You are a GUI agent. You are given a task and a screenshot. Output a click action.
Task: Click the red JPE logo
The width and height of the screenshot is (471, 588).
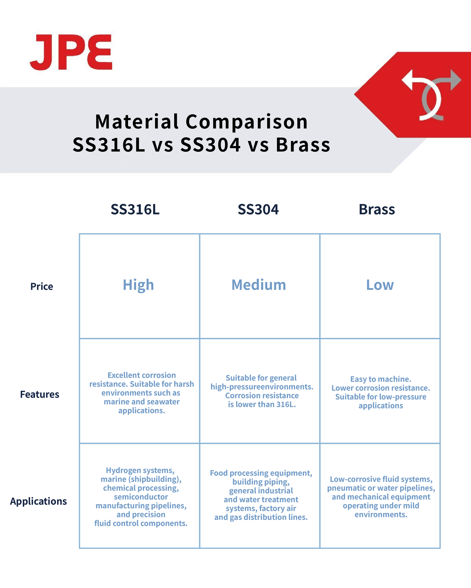coord(71,52)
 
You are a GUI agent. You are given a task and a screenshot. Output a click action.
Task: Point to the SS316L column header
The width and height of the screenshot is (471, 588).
coord(135,209)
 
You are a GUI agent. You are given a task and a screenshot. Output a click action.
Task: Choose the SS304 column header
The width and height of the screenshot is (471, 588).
coord(258,209)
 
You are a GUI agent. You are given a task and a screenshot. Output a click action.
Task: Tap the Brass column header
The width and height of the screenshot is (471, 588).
coord(377,209)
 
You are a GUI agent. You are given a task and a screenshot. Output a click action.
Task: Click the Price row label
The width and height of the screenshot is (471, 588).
coord(42,287)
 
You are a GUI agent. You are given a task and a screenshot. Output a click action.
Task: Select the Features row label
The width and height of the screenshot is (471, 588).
coord(39,395)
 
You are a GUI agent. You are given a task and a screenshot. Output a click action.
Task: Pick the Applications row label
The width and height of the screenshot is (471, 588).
coord(39,501)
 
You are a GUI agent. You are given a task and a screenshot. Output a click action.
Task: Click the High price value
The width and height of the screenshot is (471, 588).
coord(138,285)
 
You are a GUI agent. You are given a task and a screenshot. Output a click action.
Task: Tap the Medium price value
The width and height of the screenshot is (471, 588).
coord(259,285)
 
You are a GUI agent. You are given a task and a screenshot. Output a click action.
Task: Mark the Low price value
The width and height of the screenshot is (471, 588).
coord(380,285)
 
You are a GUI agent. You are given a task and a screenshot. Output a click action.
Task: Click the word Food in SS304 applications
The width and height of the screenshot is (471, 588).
coord(218,473)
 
